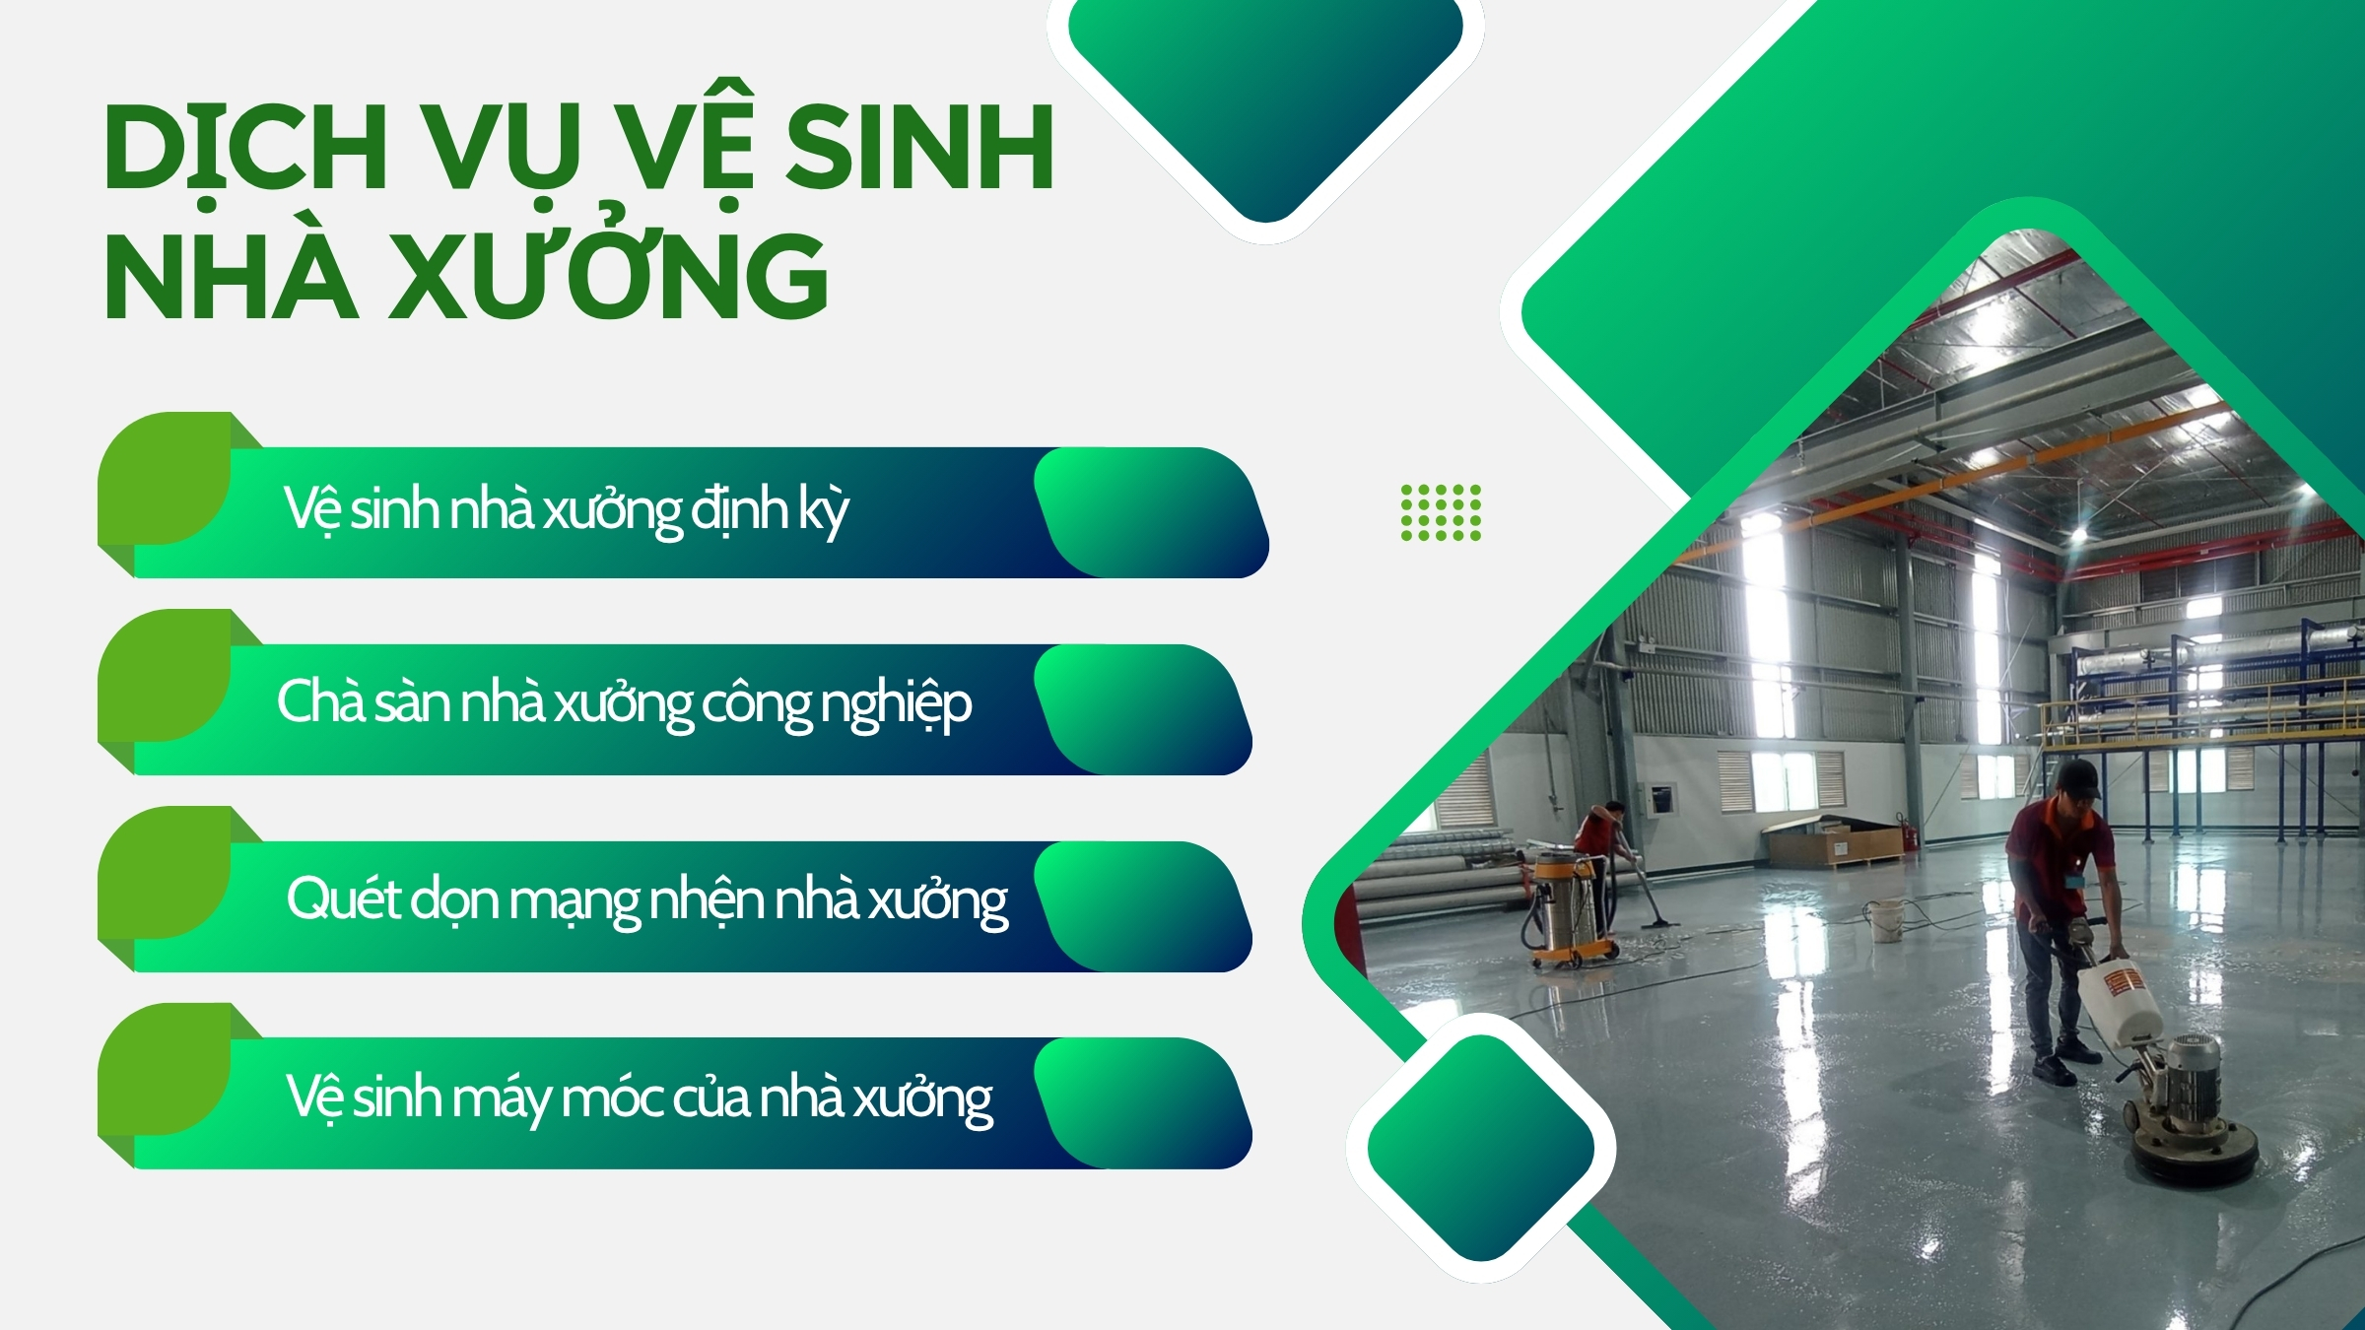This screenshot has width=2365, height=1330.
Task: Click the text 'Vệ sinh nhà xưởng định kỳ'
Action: pos(567,510)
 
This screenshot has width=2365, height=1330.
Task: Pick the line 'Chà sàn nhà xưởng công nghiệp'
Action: pos(625,703)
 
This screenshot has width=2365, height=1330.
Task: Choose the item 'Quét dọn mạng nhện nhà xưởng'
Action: pos(647,900)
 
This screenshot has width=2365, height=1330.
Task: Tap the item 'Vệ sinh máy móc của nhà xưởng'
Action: pos(640,1097)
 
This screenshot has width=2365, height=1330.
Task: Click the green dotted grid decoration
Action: pos(1441,512)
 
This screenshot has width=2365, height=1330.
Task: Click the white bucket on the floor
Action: pos(1884,920)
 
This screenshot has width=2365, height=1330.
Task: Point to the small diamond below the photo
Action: pos(1481,1148)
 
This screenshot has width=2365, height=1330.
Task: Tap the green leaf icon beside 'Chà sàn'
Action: pos(165,677)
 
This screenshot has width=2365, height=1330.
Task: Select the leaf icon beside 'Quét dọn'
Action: pos(165,874)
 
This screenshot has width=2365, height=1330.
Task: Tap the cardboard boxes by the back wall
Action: pos(1833,842)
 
